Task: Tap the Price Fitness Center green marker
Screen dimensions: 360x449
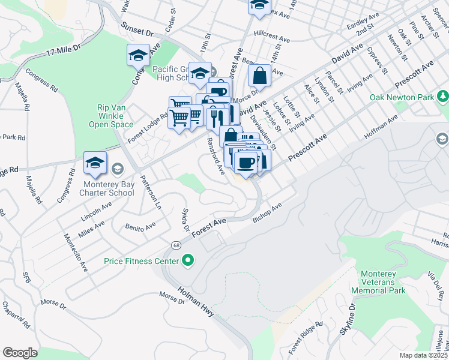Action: (x=188, y=260)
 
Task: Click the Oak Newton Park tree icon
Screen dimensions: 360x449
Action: (x=443, y=96)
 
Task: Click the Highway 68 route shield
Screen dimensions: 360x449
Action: (x=175, y=245)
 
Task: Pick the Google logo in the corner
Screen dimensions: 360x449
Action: (x=20, y=352)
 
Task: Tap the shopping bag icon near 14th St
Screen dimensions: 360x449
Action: (x=259, y=76)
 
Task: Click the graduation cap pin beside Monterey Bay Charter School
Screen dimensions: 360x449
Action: (x=95, y=163)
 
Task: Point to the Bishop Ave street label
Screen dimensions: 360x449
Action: (x=267, y=213)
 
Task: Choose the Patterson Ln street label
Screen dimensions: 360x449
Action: (x=151, y=191)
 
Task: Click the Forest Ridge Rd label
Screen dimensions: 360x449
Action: (x=305, y=336)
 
